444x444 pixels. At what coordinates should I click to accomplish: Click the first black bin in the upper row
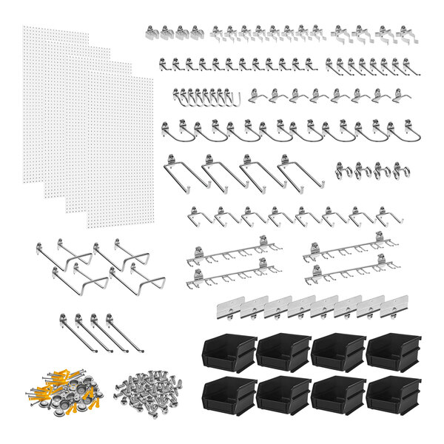228,351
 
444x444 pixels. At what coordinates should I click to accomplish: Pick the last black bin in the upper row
393,351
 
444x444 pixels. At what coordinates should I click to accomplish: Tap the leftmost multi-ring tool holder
344,171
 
